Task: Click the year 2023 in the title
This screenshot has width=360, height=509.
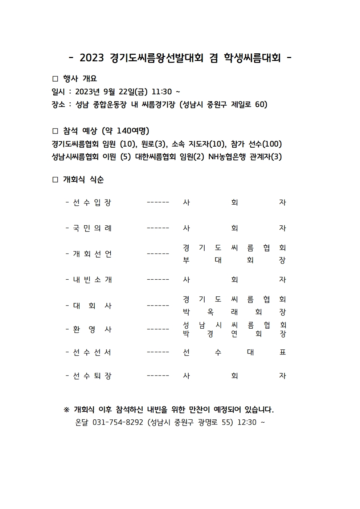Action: pyautogui.click(x=92, y=58)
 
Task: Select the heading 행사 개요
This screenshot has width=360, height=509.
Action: pyautogui.click(x=80, y=79)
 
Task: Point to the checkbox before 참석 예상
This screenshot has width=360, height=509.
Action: pyautogui.click(x=55, y=131)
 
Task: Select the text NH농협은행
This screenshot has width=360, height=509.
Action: pyautogui.click(x=227, y=157)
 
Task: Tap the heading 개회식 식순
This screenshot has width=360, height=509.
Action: pyautogui.click(x=83, y=180)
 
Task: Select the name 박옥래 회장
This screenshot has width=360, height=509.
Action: pyautogui.click(x=234, y=312)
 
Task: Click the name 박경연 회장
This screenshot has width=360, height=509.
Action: pyautogui.click(x=234, y=334)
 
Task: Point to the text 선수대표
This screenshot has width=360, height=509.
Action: pyautogui.click(x=234, y=352)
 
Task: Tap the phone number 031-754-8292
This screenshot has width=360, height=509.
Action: pyautogui.click(x=118, y=422)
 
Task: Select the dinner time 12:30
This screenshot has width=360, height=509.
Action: pyautogui.click(x=247, y=422)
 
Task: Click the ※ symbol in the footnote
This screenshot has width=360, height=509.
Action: pyautogui.click(x=66, y=410)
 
